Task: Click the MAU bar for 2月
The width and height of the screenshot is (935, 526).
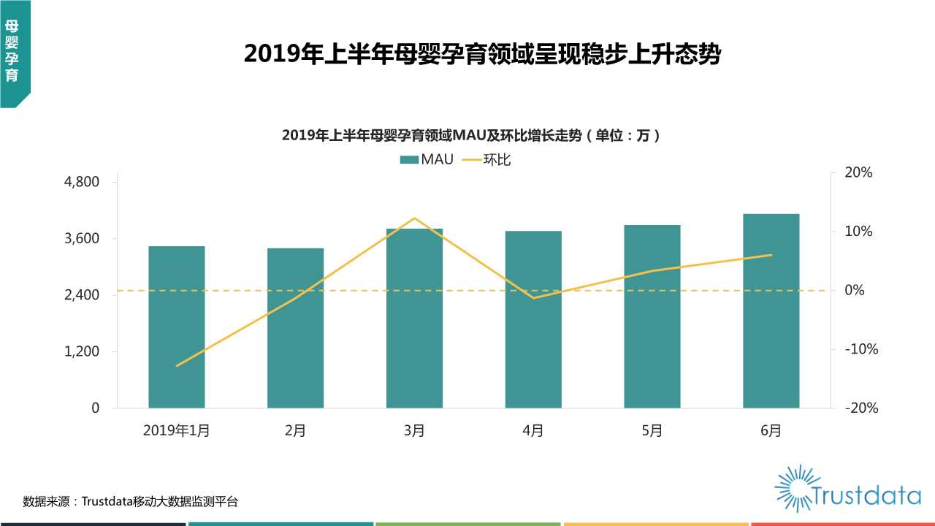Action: click(295, 328)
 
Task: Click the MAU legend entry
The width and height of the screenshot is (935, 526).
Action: click(427, 159)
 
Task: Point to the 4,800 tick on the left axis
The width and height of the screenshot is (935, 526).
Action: click(83, 182)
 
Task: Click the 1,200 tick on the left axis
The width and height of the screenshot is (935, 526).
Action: click(83, 351)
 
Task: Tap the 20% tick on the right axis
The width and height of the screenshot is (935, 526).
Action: click(859, 173)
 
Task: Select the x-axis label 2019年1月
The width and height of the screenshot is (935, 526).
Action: click(177, 431)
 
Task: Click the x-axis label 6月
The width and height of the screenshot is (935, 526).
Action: click(771, 431)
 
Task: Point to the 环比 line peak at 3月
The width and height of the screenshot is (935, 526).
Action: click(414, 218)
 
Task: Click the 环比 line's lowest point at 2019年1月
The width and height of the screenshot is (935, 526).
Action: click(177, 365)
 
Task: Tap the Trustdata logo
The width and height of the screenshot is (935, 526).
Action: click(847, 488)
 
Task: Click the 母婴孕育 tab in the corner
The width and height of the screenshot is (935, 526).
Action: click(12, 51)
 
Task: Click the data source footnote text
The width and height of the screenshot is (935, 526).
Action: click(131, 501)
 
